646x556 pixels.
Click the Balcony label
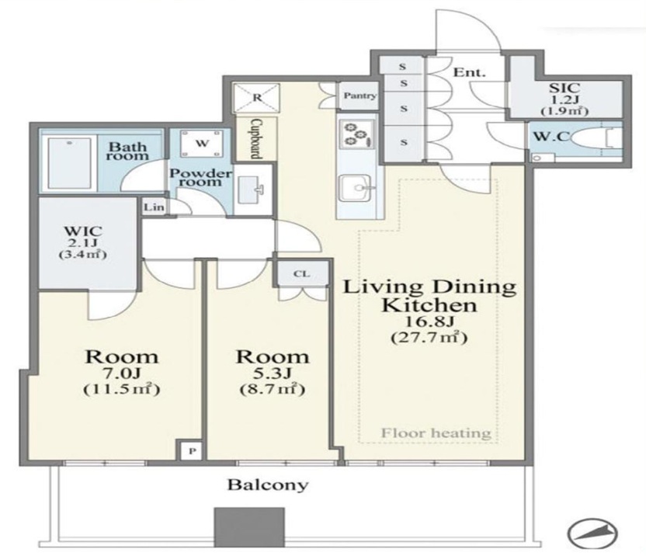coord(268,485)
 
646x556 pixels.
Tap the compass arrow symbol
coord(592,532)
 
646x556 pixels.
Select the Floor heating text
coord(436,433)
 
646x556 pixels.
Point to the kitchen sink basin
coord(355,188)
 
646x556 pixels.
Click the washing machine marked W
coord(202,144)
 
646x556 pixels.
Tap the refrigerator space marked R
coord(257,98)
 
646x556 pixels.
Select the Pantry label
coord(360,96)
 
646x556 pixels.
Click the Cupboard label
coord(256,139)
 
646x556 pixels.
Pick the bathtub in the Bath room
coord(69,162)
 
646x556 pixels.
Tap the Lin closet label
coord(154,207)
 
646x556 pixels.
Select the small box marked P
coord(192,450)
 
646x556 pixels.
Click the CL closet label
coord(302,273)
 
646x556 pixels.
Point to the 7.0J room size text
coord(122,374)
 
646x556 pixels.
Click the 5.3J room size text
coord(272,374)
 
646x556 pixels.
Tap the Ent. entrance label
coord(469,72)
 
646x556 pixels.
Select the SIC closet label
coord(564,88)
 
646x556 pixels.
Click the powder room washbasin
coord(252,189)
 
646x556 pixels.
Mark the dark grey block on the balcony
coord(249,527)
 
